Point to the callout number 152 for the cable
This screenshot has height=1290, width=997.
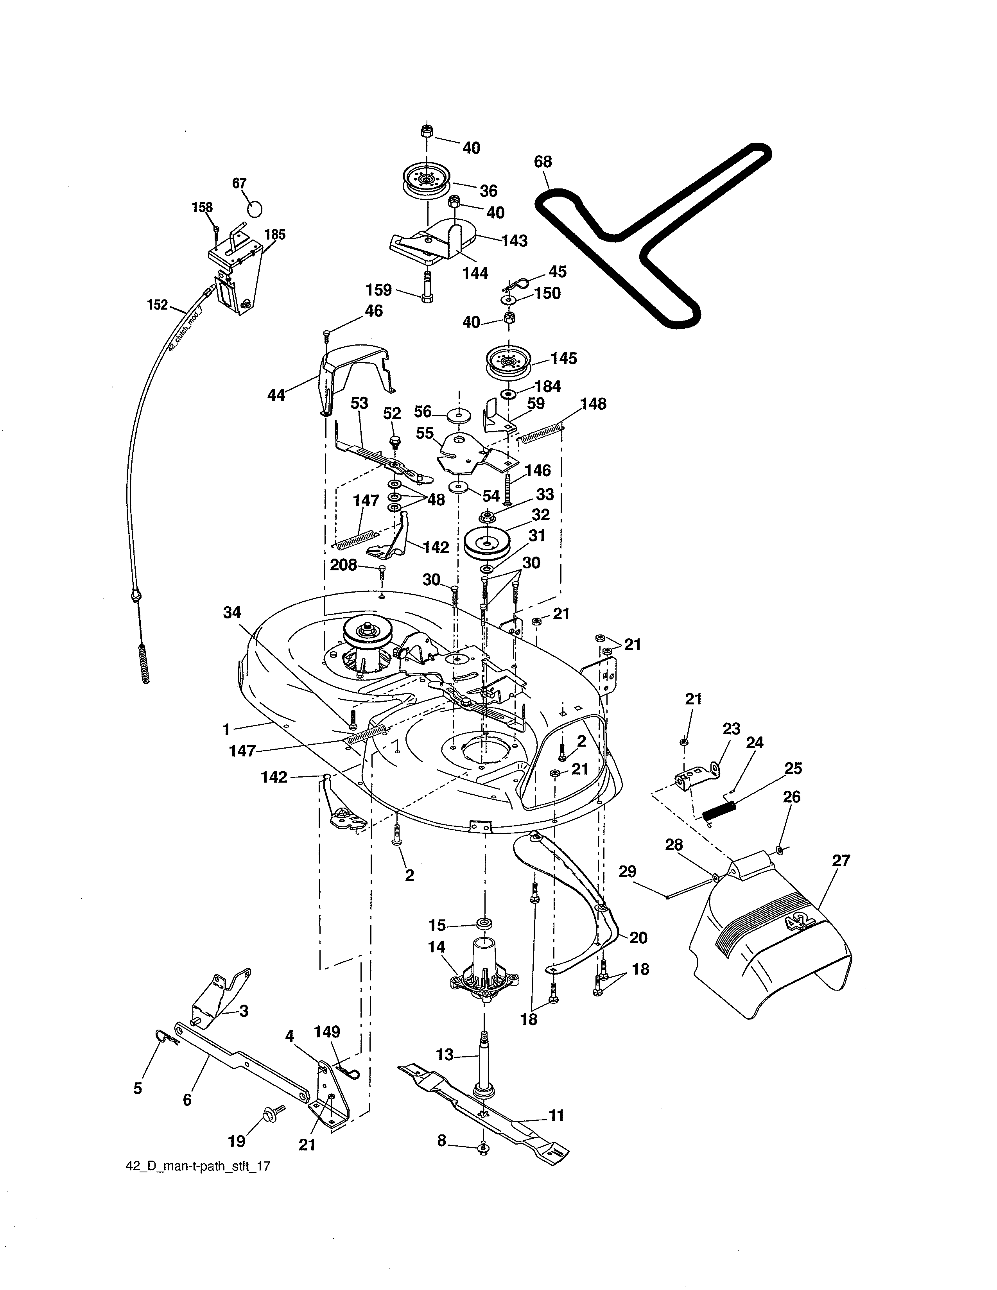[158, 305]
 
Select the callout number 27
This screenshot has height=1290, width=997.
[841, 861]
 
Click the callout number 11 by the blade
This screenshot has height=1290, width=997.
[556, 1116]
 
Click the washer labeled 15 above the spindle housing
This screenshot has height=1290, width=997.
[484, 923]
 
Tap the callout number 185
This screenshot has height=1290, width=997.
[274, 235]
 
